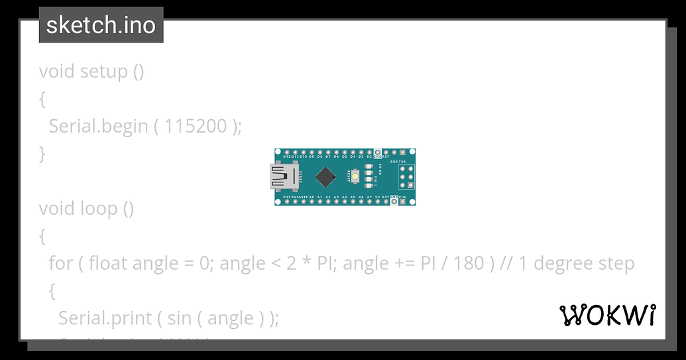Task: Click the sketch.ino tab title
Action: (101, 25)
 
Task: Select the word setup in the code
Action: (104, 71)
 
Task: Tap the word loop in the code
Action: (98, 208)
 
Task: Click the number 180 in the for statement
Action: (469, 263)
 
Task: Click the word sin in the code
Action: (179, 318)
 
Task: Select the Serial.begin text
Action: (98, 125)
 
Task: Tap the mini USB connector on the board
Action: (283, 176)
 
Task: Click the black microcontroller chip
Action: (325, 176)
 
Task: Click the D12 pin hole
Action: (287, 152)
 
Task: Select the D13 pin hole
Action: (287, 202)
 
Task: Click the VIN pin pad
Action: (402, 202)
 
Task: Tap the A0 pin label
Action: (312, 197)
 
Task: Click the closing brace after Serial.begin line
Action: (42, 153)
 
